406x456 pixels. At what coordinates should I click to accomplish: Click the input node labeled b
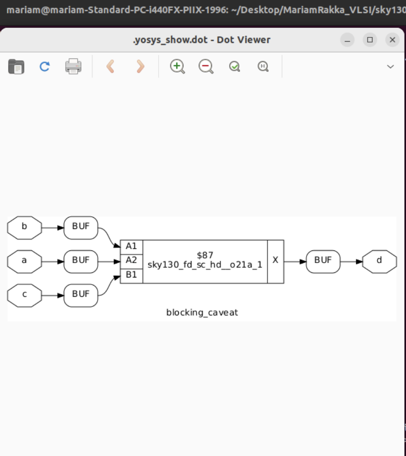pos(24,228)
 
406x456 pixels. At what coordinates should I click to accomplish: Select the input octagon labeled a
pos(24,262)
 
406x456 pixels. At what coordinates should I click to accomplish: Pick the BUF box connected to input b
pos(81,228)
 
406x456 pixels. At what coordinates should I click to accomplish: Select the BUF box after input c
pos(81,295)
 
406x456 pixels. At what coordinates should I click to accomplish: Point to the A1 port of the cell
pos(132,246)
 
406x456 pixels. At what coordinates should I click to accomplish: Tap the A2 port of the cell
pos(132,261)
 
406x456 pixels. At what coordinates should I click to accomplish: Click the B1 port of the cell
pos(132,275)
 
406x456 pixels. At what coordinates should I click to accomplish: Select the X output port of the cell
pos(275,261)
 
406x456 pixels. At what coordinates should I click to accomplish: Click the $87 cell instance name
pos(205,255)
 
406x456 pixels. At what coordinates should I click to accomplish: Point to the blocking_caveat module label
pos(202,313)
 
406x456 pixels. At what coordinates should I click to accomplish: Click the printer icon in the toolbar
pos(73,66)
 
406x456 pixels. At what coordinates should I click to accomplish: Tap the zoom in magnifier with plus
pos(177,66)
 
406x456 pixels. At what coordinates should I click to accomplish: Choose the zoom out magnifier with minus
pos(206,66)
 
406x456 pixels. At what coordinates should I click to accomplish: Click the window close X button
pos(392,40)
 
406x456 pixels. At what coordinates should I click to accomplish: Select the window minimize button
pos(347,40)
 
